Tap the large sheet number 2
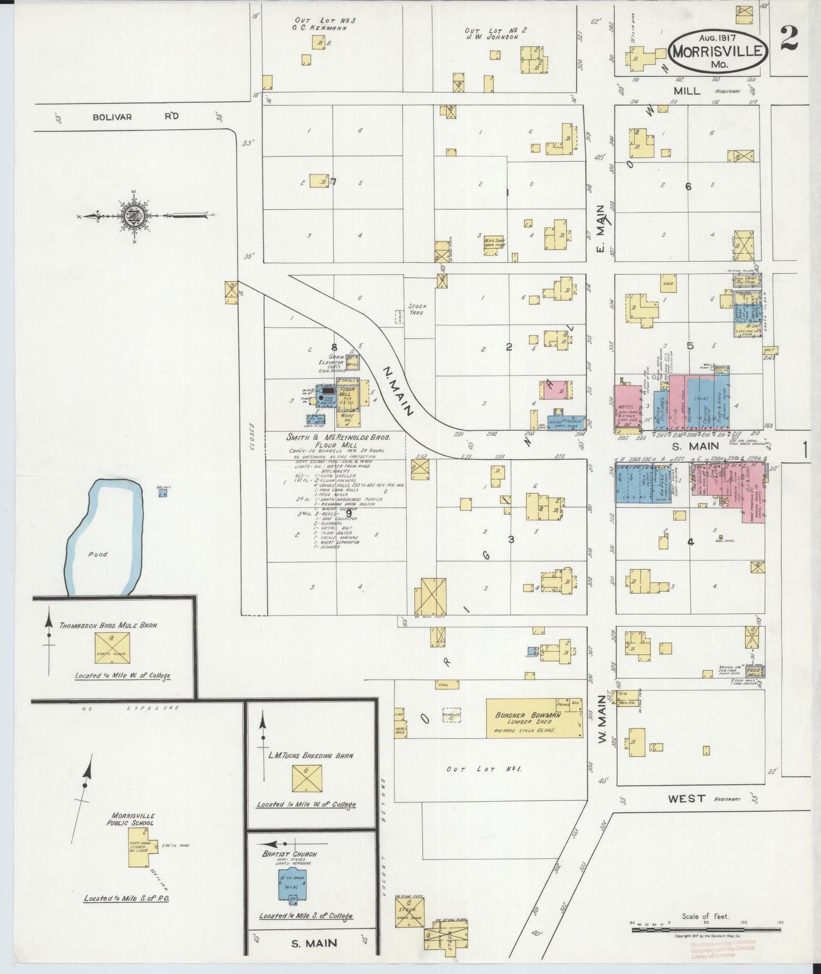[789, 38]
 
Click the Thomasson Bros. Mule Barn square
[113, 647]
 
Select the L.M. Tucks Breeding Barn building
[307, 778]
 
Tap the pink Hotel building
[627, 405]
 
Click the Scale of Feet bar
[707, 930]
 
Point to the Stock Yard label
[417, 310]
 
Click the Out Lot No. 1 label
[484, 769]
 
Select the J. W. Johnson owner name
[498, 37]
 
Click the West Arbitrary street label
[686, 798]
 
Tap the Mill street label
[687, 91]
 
